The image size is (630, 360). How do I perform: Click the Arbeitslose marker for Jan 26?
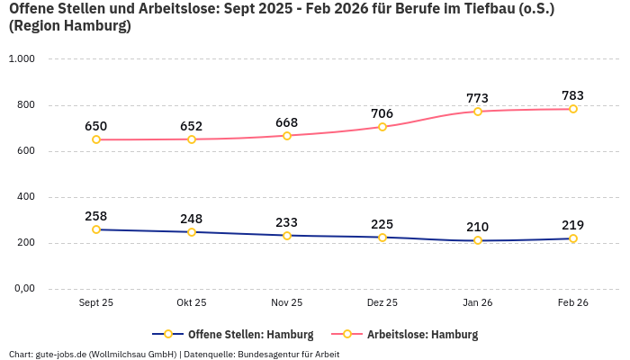click(x=478, y=112)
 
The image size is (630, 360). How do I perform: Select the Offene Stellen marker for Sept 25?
click(x=96, y=229)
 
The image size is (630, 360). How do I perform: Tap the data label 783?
click(x=573, y=95)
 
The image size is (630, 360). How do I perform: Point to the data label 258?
click(x=96, y=216)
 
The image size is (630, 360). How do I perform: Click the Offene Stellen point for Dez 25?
click(x=382, y=238)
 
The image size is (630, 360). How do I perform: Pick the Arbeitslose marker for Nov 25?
click(x=287, y=136)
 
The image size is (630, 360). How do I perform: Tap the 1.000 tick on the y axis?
click(x=22, y=59)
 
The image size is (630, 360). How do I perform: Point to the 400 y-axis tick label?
click(x=25, y=197)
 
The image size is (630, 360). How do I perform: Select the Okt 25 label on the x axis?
click(x=192, y=303)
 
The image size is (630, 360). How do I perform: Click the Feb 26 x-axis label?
click(x=573, y=303)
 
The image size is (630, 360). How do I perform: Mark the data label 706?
click(x=382, y=113)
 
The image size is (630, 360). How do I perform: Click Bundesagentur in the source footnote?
click(x=269, y=354)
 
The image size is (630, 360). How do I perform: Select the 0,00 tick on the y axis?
click(x=22, y=289)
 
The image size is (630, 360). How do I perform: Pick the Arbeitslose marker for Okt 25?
click(x=192, y=139)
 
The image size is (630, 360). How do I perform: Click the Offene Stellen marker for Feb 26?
click(x=573, y=238)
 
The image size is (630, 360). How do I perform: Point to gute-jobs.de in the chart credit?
click(x=58, y=354)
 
